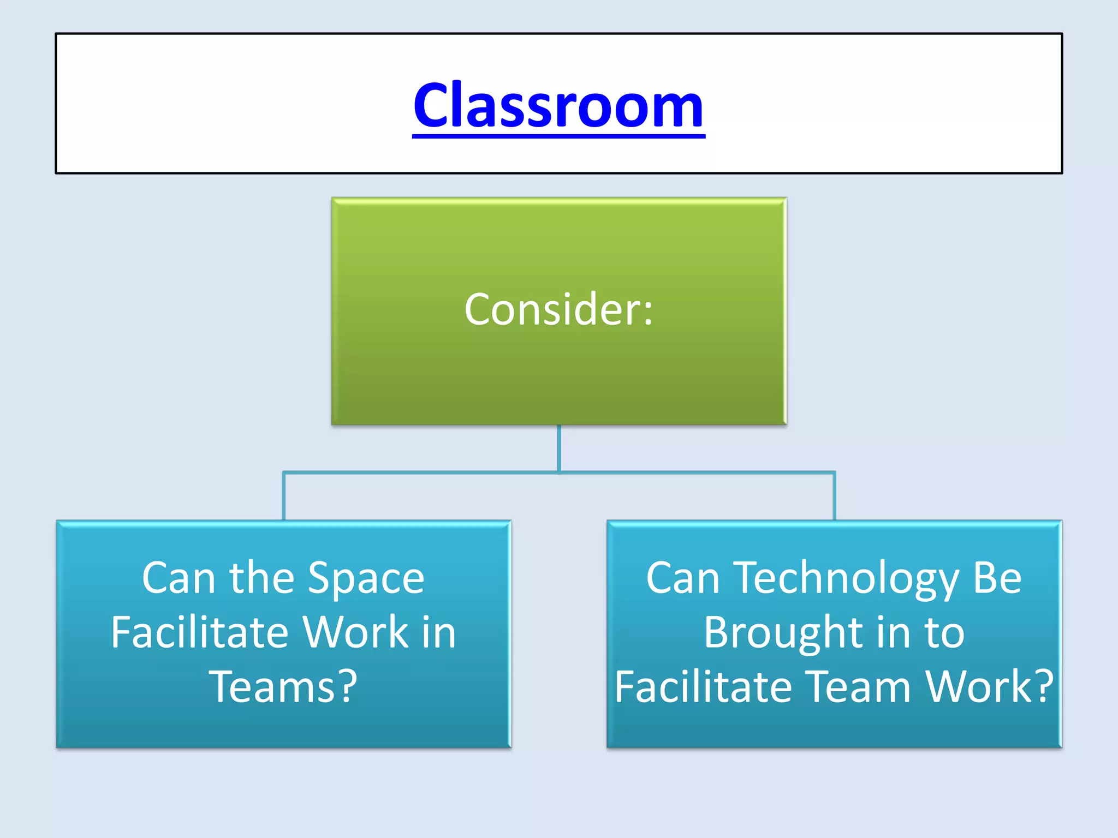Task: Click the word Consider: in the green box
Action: click(x=558, y=309)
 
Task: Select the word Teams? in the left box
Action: click(x=283, y=687)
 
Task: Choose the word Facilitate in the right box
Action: click(x=703, y=687)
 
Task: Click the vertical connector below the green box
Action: click(x=558, y=447)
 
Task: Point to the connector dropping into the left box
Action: click(x=283, y=496)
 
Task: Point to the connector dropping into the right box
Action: click(x=834, y=496)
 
